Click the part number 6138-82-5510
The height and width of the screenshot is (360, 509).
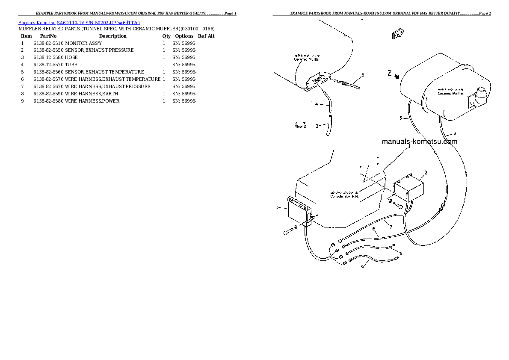[x=49, y=43]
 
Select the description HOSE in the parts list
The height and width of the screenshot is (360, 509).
[x=71, y=58]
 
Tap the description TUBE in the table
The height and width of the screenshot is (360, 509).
[x=71, y=65]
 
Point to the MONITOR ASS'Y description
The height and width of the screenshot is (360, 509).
[x=83, y=43]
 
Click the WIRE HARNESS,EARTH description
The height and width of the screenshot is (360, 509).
[x=92, y=94]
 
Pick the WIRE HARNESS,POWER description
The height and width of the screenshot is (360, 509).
[x=92, y=101]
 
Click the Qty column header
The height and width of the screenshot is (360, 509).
[x=166, y=36]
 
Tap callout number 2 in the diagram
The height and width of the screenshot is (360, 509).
[x=426, y=173]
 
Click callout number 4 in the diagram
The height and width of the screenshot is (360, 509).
[x=317, y=104]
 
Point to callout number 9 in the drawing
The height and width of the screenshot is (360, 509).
[x=362, y=267]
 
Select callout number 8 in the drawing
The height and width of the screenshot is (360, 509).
[x=401, y=253]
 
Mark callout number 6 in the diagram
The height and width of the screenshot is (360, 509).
[x=374, y=229]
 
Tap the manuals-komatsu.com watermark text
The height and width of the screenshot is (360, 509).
[x=419, y=142]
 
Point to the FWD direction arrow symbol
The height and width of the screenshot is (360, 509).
[x=398, y=35]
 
